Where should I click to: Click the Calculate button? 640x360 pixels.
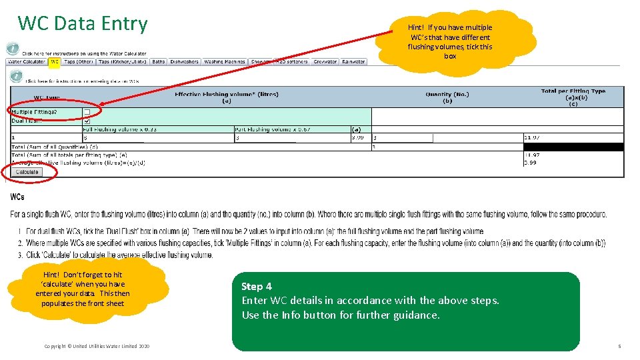pyautogui.click(x=27, y=172)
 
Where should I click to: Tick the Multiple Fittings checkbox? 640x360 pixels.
pyautogui.click(x=87, y=112)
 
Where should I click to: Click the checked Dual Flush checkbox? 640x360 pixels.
pyautogui.click(x=87, y=121)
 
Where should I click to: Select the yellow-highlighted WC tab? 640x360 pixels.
pyautogui.click(x=54, y=61)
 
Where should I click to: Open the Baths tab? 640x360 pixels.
pyautogui.click(x=158, y=61)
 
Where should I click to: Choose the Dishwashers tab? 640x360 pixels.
pyautogui.click(x=184, y=61)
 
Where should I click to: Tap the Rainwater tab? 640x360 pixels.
pyautogui.click(x=353, y=61)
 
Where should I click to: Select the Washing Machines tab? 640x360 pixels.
pyautogui.click(x=225, y=61)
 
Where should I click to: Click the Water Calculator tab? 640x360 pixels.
pyautogui.click(x=26, y=61)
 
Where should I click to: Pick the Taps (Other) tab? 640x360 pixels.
pyautogui.click(x=78, y=61)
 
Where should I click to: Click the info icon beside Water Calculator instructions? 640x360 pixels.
pyautogui.click(x=13, y=49)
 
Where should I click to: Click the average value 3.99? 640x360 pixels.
pyautogui.click(x=531, y=162)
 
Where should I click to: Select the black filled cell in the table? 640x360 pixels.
pyautogui.click(x=573, y=147)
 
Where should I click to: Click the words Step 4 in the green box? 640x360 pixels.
pyautogui.click(x=257, y=287)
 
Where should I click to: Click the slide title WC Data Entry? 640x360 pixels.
pyautogui.click(x=83, y=23)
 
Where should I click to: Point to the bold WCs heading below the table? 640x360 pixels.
pyautogui.click(x=17, y=197)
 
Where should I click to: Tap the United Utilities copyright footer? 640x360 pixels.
pyautogui.click(x=97, y=346)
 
